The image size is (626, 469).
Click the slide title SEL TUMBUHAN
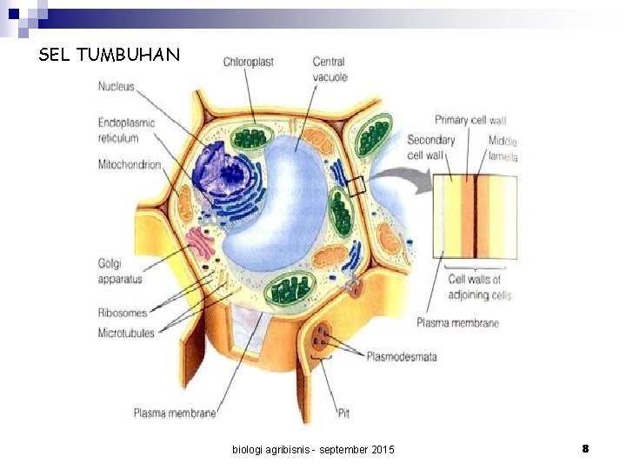(110, 56)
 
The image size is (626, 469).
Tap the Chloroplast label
(248, 62)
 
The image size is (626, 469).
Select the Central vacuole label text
(330, 69)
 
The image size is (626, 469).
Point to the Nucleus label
(116, 86)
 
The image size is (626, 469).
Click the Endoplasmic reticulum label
(126, 129)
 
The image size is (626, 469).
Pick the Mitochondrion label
(130, 164)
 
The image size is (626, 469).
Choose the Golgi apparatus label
(120, 270)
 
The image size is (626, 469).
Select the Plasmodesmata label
(402, 356)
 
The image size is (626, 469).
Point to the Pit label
(343, 413)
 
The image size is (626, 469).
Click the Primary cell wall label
(469, 120)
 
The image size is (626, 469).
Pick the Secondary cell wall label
(430, 147)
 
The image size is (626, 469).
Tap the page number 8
(585, 448)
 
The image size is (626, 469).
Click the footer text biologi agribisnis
(313, 449)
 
